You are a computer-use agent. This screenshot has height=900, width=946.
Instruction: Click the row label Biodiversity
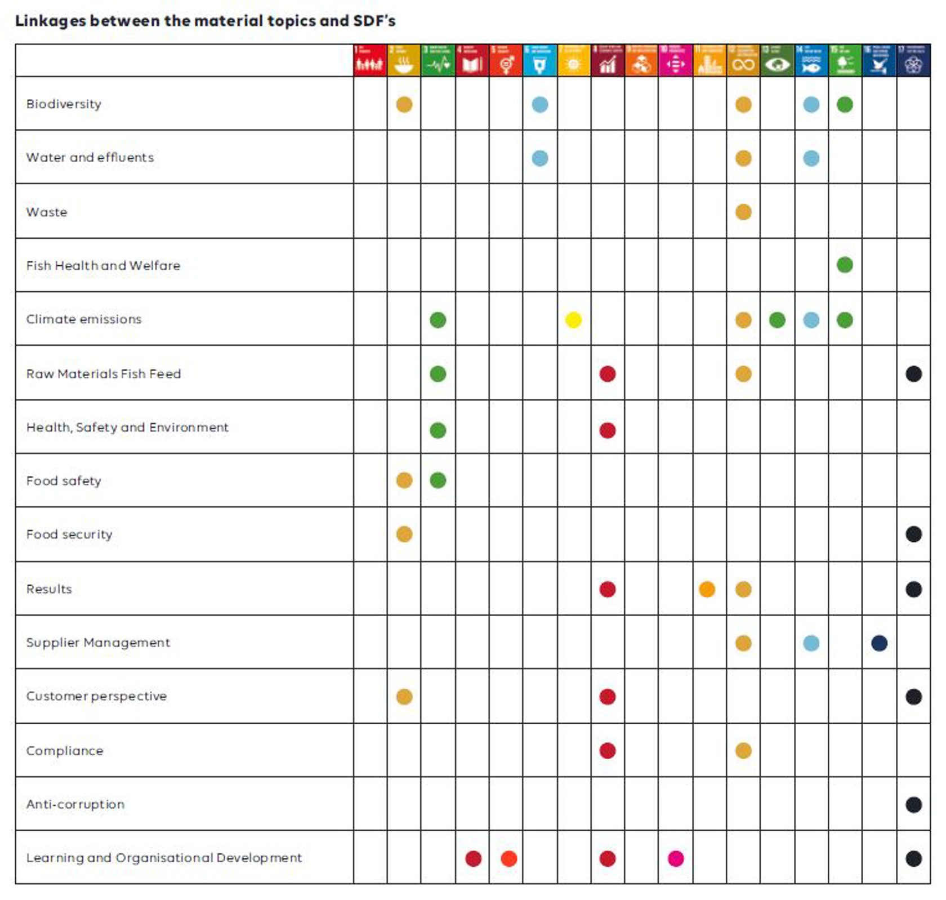[x=64, y=104]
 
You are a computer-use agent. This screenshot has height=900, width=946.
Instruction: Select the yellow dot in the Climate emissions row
[x=573, y=320]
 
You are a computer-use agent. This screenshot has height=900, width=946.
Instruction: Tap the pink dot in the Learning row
[x=676, y=858]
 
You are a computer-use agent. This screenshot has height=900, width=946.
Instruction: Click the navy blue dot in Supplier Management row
[x=879, y=643]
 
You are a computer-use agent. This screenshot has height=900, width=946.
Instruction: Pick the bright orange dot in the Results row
[x=707, y=589]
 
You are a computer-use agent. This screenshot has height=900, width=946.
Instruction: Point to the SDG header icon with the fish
[x=811, y=61]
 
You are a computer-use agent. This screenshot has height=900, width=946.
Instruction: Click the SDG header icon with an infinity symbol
[x=743, y=61]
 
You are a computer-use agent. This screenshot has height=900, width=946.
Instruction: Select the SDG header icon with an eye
[x=777, y=61]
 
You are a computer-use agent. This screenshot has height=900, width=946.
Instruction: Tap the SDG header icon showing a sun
[x=573, y=61]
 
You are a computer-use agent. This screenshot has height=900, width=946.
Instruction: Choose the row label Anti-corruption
[x=75, y=804]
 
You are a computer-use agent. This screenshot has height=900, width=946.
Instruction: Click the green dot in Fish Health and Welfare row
[x=845, y=265]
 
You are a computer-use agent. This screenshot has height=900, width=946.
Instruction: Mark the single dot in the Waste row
[x=743, y=212]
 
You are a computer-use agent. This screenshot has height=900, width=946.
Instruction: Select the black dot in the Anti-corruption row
[x=913, y=804]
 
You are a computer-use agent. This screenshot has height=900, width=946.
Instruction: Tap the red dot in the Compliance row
[x=607, y=750]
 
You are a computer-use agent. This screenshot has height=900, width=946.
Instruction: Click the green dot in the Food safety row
[x=438, y=480]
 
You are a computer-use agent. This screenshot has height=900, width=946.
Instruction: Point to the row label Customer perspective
[x=96, y=696]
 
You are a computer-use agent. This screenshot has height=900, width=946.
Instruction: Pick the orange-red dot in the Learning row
[x=508, y=858]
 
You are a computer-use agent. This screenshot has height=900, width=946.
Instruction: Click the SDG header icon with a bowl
[x=404, y=61]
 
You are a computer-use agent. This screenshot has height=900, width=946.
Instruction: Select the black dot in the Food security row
[x=913, y=534]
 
